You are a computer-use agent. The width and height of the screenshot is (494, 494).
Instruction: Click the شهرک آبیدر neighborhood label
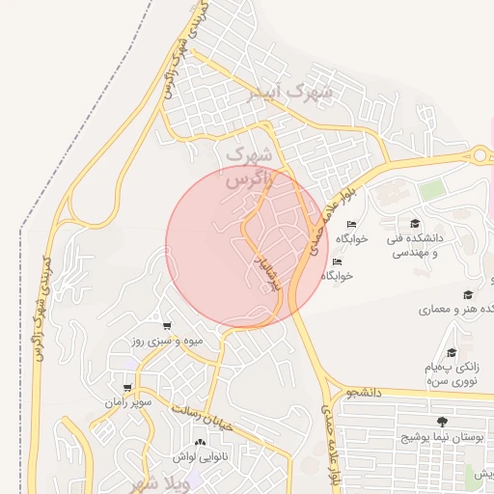(289, 94)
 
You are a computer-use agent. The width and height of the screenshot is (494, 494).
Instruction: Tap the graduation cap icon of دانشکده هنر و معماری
(468, 294)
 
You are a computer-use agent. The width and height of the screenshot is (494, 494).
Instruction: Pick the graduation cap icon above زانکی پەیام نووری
(452, 353)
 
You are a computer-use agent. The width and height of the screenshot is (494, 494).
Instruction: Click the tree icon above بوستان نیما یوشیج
(442, 422)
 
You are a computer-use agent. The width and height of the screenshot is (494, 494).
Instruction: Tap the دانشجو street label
(367, 393)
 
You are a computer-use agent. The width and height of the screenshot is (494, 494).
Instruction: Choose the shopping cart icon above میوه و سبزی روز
(168, 326)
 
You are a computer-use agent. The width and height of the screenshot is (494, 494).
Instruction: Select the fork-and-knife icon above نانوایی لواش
(201, 442)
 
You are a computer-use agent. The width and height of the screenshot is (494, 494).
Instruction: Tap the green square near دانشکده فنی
(431, 190)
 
